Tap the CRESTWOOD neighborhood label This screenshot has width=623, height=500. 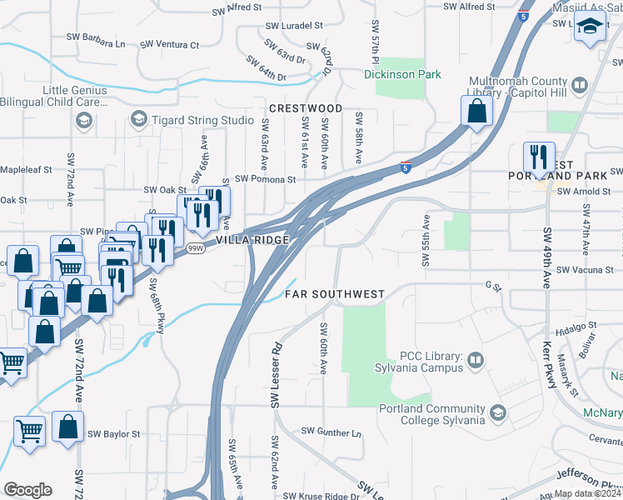pos(306,109)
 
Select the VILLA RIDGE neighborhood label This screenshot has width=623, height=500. pos(252,240)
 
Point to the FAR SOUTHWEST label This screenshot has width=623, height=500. pos(335,294)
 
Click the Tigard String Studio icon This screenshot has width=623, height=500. pos(138,121)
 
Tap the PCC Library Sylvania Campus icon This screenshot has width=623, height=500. pos(476,361)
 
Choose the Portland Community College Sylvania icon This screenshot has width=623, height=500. pos(497,413)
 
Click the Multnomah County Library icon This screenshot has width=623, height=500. pos(581,84)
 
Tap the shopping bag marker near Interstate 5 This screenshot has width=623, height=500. pos(476,112)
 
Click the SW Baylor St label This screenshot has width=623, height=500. pos(115,434)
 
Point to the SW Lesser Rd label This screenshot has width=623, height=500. pos(276,376)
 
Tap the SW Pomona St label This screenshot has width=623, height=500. pos(265,179)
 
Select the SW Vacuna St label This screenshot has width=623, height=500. pos(585,270)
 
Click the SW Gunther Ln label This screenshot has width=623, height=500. pos(331,432)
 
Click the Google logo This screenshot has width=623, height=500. pos(27,490)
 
